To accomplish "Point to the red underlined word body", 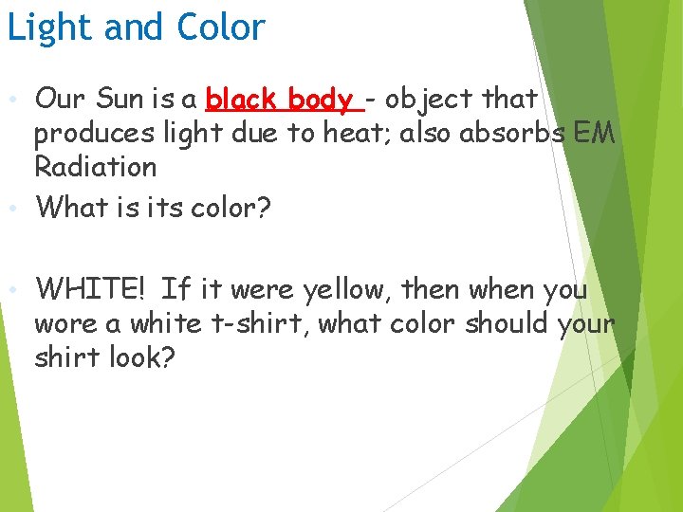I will pyautogui.click(x=321, y=98).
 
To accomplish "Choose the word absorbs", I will pyautogui.click(x=512, y=133).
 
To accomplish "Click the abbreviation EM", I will pyautogui.click(x=595, y=133).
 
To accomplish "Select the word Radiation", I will pyautogui.click(x=95, y=167).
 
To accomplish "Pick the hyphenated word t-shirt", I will pyautogui.click(x=258, y=323).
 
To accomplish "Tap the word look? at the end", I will pyautogui.click(x=141, y=358).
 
